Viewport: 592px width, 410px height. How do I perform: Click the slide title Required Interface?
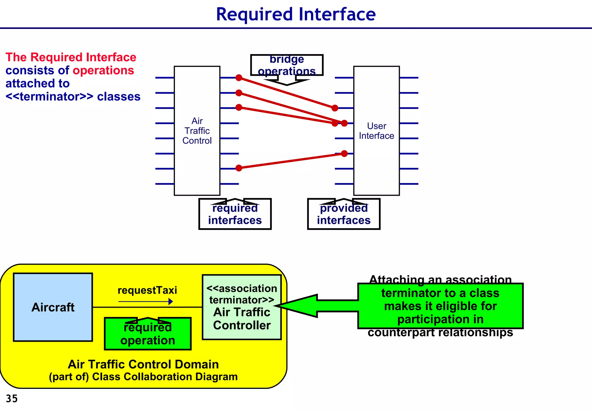coord(296,14)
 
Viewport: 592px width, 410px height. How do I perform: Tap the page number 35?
coord(12,399)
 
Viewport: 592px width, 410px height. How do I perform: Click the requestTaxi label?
coord(147,290)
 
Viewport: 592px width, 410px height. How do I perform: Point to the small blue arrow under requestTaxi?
coord(146,302)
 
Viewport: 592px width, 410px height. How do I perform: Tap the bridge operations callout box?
coord(287,65)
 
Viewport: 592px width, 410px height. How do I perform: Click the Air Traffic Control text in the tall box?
coord(197,131)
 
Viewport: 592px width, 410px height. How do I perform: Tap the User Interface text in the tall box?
coord(376,131)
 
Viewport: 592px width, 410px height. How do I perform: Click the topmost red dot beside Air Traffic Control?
coord(239,77)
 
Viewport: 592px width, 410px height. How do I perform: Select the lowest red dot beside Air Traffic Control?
coord(239,168)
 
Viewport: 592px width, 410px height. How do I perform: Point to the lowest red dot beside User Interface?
coord(344,154)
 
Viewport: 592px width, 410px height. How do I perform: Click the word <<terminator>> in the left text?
coord(49,97)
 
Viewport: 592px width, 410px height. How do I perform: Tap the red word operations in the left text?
coord(103,70)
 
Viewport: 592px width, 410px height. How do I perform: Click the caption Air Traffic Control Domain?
coord(143,364)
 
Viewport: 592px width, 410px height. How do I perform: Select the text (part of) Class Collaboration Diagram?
coord(143,377)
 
